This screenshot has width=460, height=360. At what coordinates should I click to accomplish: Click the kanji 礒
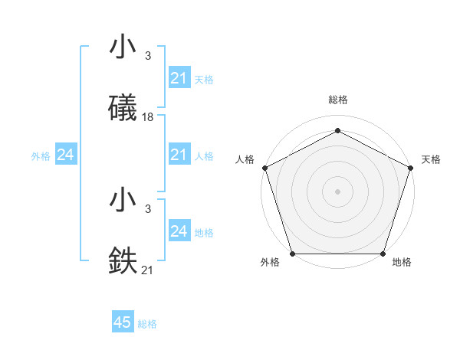[123, 108]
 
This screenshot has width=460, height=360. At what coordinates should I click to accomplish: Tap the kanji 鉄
[123, 261]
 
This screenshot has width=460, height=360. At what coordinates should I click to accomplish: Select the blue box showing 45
[123, 322]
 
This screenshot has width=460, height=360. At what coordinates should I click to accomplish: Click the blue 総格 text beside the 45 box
[147, 324]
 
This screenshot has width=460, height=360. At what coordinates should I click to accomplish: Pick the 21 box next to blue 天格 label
[179, 78]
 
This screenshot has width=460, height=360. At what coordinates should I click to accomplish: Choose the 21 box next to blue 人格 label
[179, 155]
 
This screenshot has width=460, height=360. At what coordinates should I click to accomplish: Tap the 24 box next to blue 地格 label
[179, 231]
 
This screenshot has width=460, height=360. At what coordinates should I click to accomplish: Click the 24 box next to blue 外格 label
[65, 155]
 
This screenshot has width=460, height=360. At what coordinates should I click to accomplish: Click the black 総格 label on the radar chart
[337, 100]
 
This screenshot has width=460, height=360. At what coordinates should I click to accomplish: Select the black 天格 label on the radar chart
[431, 159]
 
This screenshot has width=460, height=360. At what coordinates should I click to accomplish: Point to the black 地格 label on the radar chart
[402, 262]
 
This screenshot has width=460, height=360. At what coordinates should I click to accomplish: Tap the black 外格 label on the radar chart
[270, 262]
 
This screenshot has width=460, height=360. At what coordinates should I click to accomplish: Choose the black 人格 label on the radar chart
[245, 159]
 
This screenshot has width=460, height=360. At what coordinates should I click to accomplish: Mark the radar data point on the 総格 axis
[337, 130]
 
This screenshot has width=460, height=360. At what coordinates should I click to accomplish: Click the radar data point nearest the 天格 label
[410, 167]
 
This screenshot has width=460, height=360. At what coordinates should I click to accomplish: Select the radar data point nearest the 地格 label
[383, 254]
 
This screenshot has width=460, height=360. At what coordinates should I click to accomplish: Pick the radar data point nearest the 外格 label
[292, 254]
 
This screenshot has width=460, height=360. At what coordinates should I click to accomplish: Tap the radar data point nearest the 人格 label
[264, 167]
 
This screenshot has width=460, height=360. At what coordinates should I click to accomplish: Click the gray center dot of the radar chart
[337, 191]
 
